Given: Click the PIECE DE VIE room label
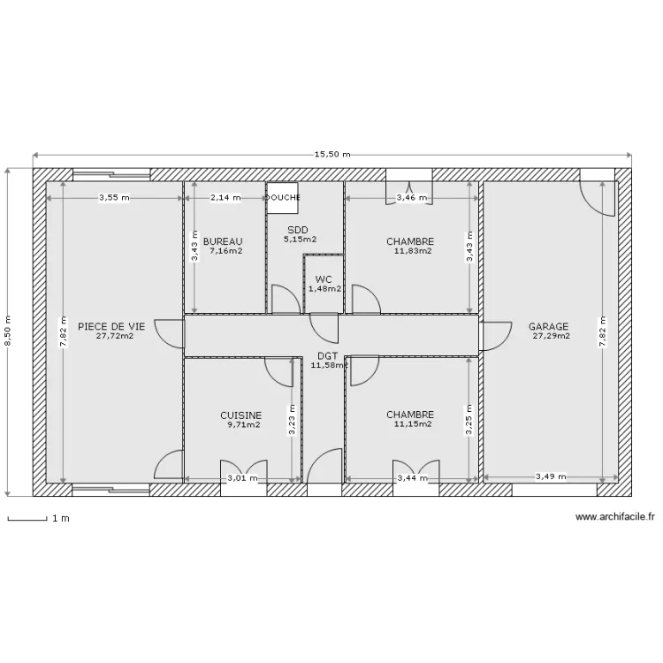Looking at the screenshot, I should pos(111,325).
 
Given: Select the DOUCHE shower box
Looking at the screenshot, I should pos(283,198).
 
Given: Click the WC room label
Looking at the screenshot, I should pos(324,278).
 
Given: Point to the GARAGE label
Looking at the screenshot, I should pos(549,325).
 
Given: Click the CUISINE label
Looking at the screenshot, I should pos(240,415).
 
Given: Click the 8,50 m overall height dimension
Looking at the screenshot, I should pos(10,331).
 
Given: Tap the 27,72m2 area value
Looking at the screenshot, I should pos(114,336).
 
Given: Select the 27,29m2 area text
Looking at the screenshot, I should pos(551,336).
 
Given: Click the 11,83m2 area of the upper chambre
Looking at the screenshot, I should pos(413,251).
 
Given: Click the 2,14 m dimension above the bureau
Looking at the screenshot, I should pos(225,198).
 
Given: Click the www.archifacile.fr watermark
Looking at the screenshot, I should pos(614,518).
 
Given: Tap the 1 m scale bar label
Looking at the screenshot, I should pos(60,519).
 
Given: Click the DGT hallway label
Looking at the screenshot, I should pos(326,355).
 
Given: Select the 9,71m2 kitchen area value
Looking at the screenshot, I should pos(243,424).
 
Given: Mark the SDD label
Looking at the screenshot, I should pos(297,229).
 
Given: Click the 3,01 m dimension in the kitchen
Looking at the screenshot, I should pos(242,478).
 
